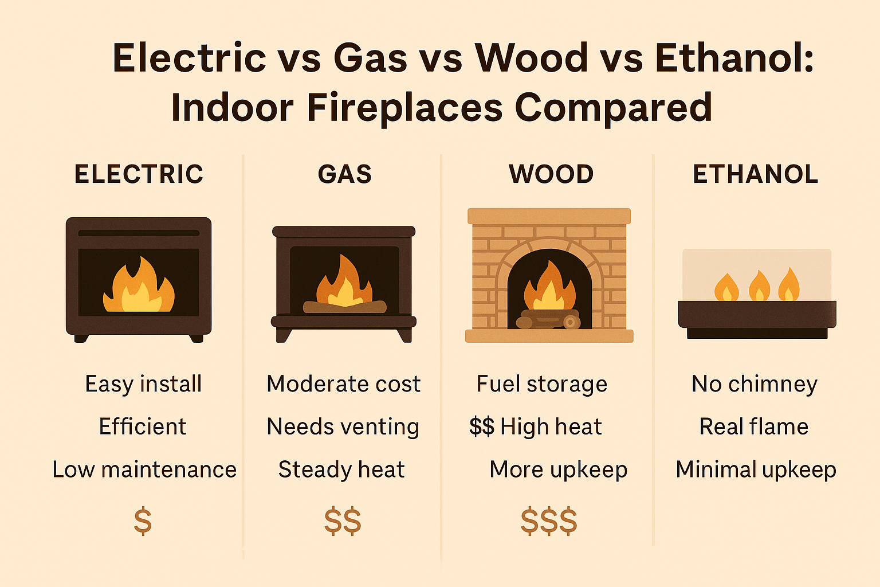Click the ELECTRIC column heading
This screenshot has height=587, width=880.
click(x=139, y=174)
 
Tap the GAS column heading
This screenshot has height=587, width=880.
click(x=345, y=174)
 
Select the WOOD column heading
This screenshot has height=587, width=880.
click(x=551, y=174)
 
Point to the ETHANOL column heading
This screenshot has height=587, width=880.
click(x=756, y=174)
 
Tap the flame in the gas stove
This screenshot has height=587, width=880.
click(x=344, y=283)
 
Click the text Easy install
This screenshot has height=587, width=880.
click(x=143, y=384)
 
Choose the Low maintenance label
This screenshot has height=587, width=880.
click(x=144, y=469)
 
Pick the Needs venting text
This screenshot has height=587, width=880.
click(x=343, y=427)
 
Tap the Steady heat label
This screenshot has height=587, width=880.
click(x=341, y=469)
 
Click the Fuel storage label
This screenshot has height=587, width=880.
click(x=542, y=384)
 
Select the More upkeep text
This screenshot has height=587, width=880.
click(x=559, y=469)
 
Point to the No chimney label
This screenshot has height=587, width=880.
click(x=755, y=384)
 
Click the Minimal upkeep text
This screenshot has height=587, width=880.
click(x=756, y=469)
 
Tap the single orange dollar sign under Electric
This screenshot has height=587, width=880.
click(x=143, y=521)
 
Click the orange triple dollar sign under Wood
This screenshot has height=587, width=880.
click(x=549, y=521)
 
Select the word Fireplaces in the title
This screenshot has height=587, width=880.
click(x=404, y=107)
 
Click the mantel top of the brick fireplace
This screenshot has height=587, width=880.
click(x=549, y=216)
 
